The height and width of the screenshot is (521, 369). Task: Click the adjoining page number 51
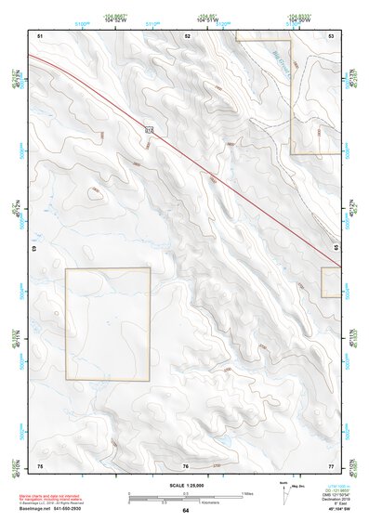point(40,34)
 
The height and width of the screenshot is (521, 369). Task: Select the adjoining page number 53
point(332,34)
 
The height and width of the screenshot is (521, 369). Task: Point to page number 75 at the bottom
point(40,464)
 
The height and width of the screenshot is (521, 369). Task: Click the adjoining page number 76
point(186,464)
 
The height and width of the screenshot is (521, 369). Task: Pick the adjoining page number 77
point(331,464)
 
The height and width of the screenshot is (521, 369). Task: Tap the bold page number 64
point(186,511)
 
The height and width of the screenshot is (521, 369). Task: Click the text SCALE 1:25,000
point(186,485)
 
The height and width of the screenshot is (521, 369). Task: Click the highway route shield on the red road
point(149,129)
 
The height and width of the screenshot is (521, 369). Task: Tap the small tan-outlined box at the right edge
point(332,281)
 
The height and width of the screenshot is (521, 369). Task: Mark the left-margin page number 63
point(34,249)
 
